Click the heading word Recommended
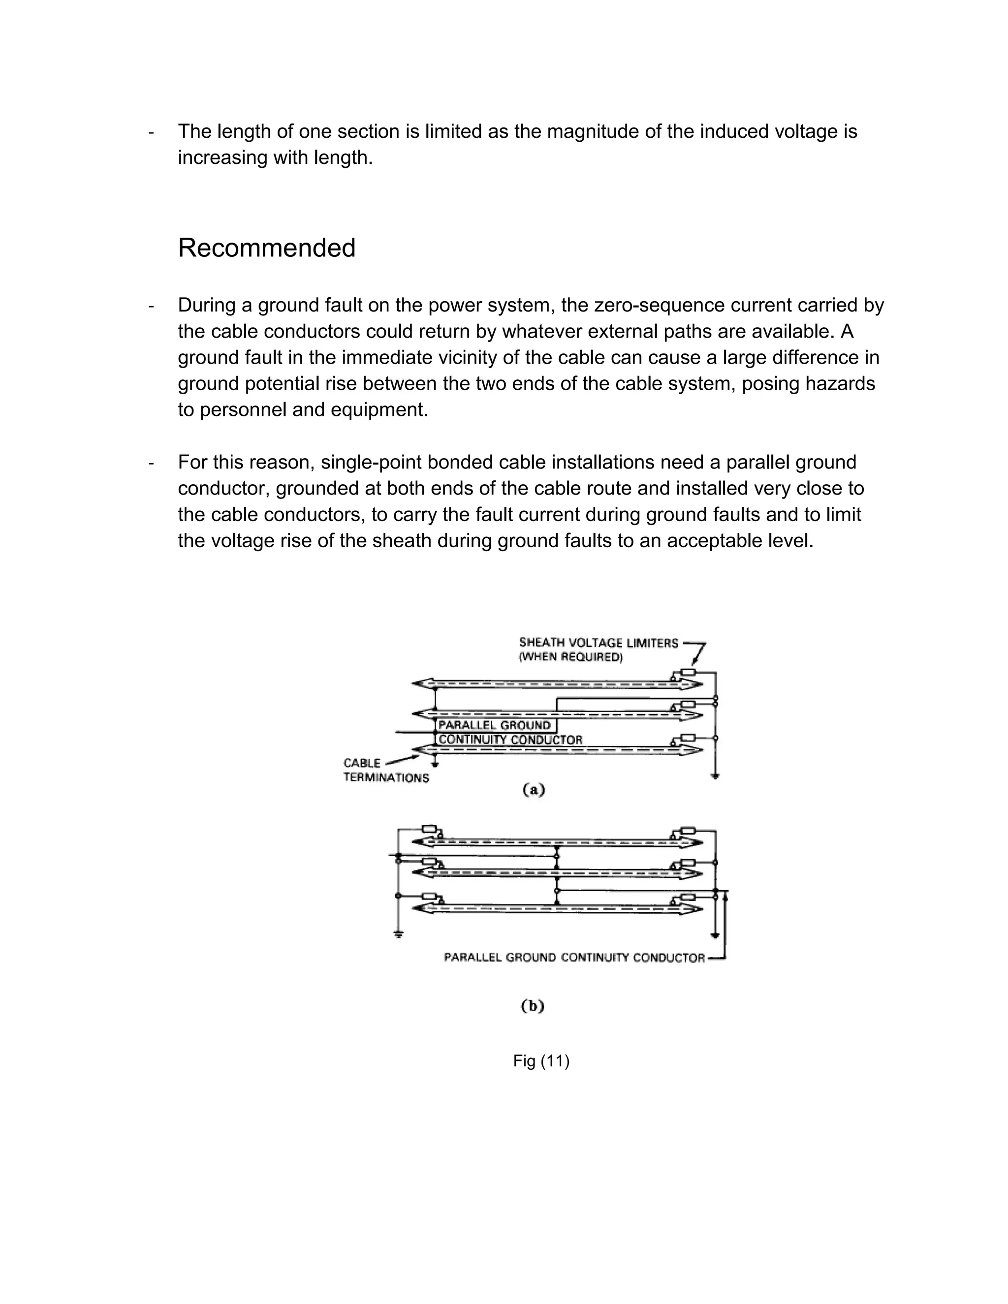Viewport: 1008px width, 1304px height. pyautogui.click(x=266, y=248)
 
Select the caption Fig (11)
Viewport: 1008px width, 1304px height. pyautogui.click(x=541, y=1061)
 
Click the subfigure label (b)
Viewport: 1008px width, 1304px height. pyautogui.click(x=533, y=1006)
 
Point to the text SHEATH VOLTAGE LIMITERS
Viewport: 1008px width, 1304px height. pyautogui.click(x=598, y=643)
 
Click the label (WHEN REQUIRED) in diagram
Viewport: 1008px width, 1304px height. pyautogui.click(x=570, y=657)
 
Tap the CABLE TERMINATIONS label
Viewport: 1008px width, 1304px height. pyautogui.click(x=385, y=770)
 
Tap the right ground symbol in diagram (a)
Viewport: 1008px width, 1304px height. pyautogui.click(x=715, y=776)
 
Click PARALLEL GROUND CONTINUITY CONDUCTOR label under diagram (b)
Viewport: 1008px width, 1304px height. pyautogui.click(x=574, y=958)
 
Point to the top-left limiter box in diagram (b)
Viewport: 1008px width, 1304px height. pyautogui.click(x=429, y=829)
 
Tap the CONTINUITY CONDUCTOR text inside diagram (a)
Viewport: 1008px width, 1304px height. pyautogui.click(x=510, y=740)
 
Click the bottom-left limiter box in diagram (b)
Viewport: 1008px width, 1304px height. pyautogui.click(x=429, y=896)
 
